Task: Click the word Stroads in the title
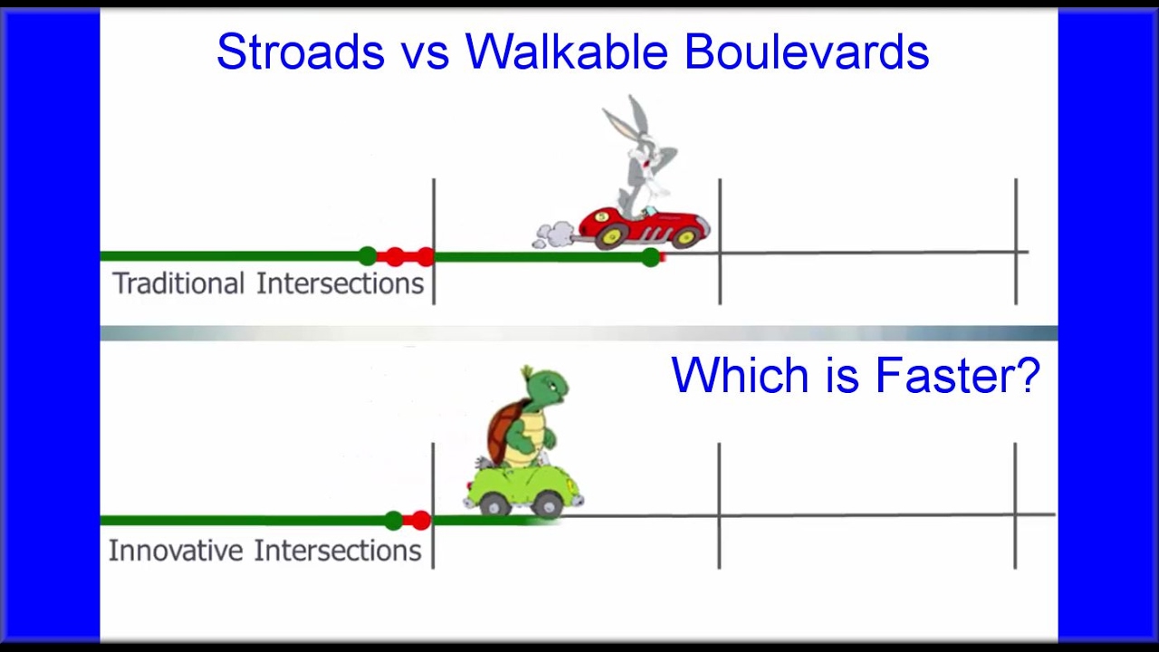299,53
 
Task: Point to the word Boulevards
806,53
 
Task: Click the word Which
741,375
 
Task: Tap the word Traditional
178,283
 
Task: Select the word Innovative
176,551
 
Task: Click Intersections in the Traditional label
340,283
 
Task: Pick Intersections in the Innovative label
337,551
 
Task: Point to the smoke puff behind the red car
553,235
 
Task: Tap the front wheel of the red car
687,236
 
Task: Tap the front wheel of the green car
548,503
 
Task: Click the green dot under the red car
651,258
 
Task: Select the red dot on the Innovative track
420,521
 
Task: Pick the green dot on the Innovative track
393,521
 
